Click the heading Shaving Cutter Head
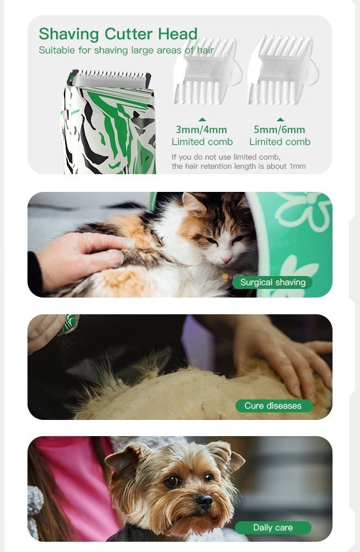[118, 34]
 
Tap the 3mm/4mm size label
[202, 129]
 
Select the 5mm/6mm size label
[279, 129]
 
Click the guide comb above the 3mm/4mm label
[207, 72]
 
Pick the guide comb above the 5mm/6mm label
[283, 71]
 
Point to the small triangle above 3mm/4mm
[202, 119]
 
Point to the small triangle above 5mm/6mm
[280, 119]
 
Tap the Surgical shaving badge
[272, 282]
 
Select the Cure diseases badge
[274, 405]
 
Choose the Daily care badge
[273, 527]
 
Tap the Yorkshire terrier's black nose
[204, 501]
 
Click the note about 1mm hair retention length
[239, 162]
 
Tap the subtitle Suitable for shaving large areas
[126, 50]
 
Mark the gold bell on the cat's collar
[225, 278]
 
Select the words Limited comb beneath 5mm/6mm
[280, 142]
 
